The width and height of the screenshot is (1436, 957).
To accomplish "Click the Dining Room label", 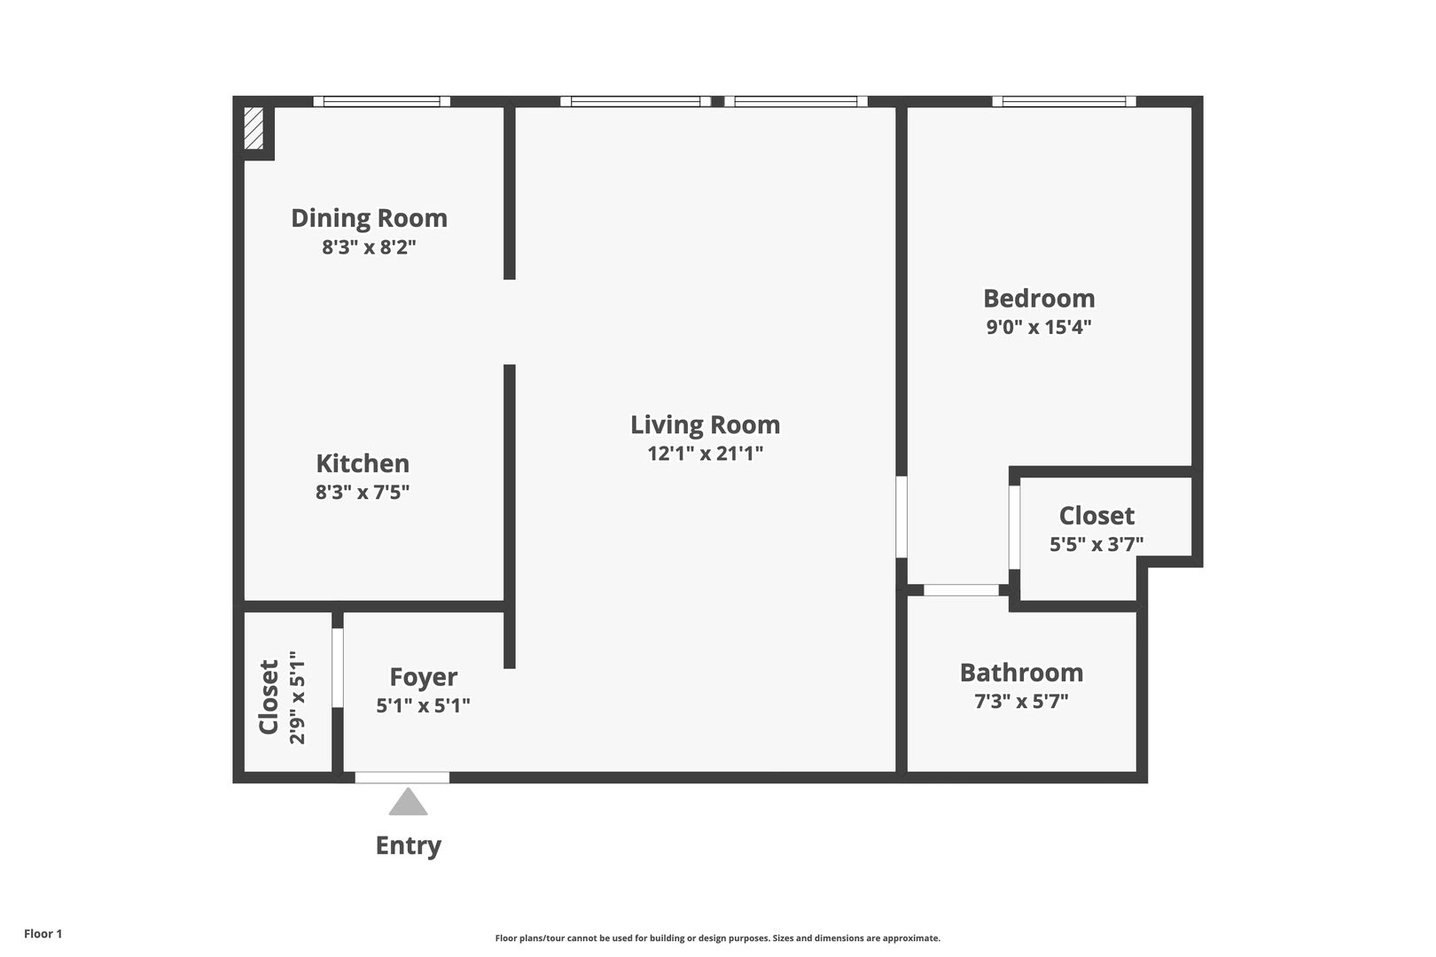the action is pos(370,219).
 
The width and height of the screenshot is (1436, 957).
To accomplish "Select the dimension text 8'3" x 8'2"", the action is pos(370,246).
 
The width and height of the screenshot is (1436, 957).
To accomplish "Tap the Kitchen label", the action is pos(363,463).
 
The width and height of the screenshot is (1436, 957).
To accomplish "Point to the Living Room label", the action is pos(706,425).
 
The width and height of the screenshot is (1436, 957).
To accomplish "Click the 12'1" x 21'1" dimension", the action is pos(706,454).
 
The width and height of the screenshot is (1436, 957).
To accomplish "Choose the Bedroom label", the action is pos(1039,299).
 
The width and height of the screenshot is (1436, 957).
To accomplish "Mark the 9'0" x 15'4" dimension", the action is pos(1039,327).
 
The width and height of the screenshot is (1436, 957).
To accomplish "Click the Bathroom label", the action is pos(1022,673).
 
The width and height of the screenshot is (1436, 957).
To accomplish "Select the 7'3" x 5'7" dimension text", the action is pos(1022,701).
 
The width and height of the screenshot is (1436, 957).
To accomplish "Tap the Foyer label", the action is pos(424,678).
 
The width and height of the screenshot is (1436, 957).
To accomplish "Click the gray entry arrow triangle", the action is pos(409,803).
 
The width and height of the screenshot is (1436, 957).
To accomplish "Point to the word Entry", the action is pos(409,845).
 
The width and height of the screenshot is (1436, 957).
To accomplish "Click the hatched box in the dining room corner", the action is pos(254,128).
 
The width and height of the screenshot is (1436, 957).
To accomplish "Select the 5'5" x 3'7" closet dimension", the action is pos(1097,544).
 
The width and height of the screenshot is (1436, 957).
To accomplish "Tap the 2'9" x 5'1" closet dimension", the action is pos(298,697).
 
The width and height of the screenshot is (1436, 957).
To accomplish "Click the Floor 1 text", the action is pos(43,934).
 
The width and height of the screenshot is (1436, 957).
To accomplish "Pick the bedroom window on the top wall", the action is pos(1065,101).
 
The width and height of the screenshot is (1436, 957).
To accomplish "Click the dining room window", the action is pos(381,101).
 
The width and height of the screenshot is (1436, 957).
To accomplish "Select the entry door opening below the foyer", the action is pos(402,777).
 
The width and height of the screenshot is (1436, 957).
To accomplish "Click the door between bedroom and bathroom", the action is pos(961,590).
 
